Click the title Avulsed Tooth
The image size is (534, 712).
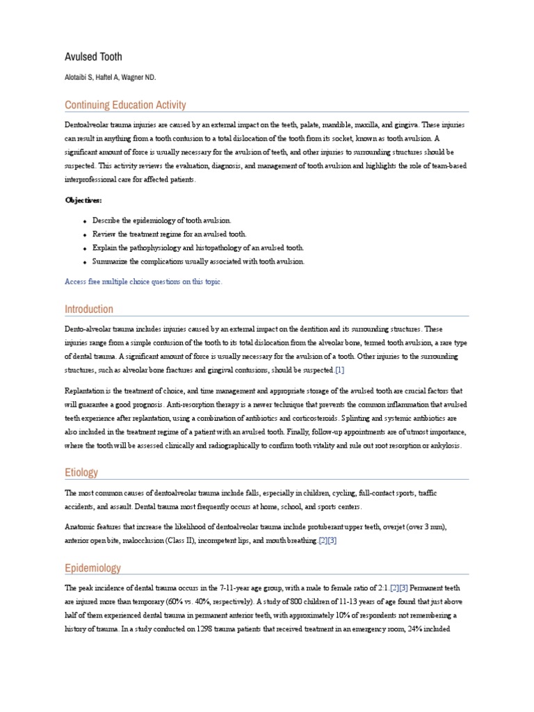(93, 56)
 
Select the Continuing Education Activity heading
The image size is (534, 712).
(125, 105)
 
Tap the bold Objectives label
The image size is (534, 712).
(83, 200)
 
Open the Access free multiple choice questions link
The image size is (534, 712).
(143, 282)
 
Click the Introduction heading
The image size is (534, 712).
(89, 309)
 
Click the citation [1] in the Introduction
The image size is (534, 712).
(339, 370)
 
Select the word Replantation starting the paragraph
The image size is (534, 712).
(88, 391)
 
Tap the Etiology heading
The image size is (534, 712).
(81, 472)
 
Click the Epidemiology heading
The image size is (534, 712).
(92, 568)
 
